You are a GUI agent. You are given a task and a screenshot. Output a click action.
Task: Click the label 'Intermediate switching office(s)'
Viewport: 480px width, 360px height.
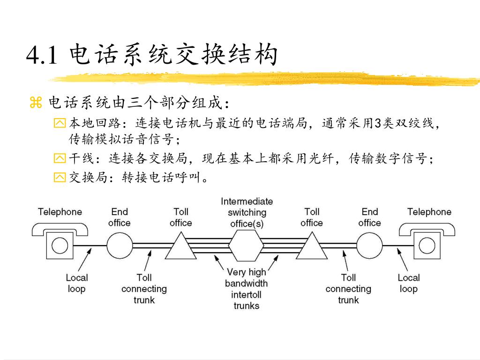click(x=247, y=212)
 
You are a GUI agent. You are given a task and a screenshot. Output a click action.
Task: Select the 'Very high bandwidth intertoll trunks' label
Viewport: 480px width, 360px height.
click(x=247, y=289)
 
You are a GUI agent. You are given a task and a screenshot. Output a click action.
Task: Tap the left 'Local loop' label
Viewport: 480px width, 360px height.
click(x=76, y=283)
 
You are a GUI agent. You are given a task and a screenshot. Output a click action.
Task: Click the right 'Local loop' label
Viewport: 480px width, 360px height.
click(x=408, y=283)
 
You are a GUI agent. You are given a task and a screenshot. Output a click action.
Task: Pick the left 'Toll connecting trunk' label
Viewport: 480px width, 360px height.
click(x=144, y=289)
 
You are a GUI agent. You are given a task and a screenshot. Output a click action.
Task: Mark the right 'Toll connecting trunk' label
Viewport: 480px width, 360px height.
click(x=348, y=289)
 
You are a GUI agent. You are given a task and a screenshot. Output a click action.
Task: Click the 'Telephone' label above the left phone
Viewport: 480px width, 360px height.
click(x=60, y=212)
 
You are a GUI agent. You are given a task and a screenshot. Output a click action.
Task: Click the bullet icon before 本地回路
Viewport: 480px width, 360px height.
click(x=60, y=124)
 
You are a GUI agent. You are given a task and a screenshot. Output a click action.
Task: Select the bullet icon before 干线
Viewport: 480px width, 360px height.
click(x=60, y=158)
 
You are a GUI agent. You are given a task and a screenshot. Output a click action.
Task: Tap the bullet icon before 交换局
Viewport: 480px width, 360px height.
click(x=60, y=178)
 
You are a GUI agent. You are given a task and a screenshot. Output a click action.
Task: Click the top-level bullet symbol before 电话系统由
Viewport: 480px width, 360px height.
click(x=36, y=103)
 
